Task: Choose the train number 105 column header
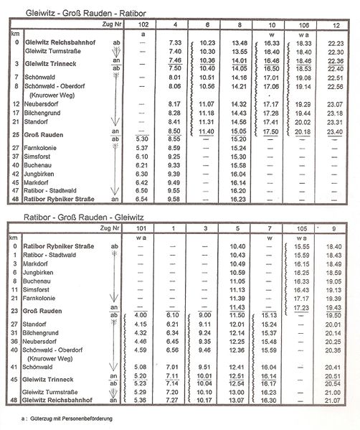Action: tap(296, 228)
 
